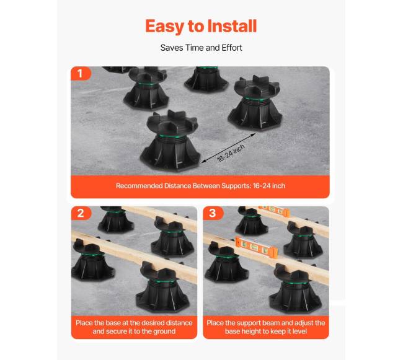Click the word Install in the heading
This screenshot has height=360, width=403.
232,26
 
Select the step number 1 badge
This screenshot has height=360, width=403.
81,74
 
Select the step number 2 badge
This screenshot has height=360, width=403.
81,213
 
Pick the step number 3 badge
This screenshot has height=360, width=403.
213,213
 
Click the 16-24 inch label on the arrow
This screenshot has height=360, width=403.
231,153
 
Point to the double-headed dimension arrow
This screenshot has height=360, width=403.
228,148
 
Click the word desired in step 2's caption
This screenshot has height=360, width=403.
153,323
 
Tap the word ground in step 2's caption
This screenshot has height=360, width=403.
164,331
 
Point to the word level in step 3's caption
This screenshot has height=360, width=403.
298,331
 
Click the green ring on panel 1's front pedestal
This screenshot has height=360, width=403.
170,136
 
